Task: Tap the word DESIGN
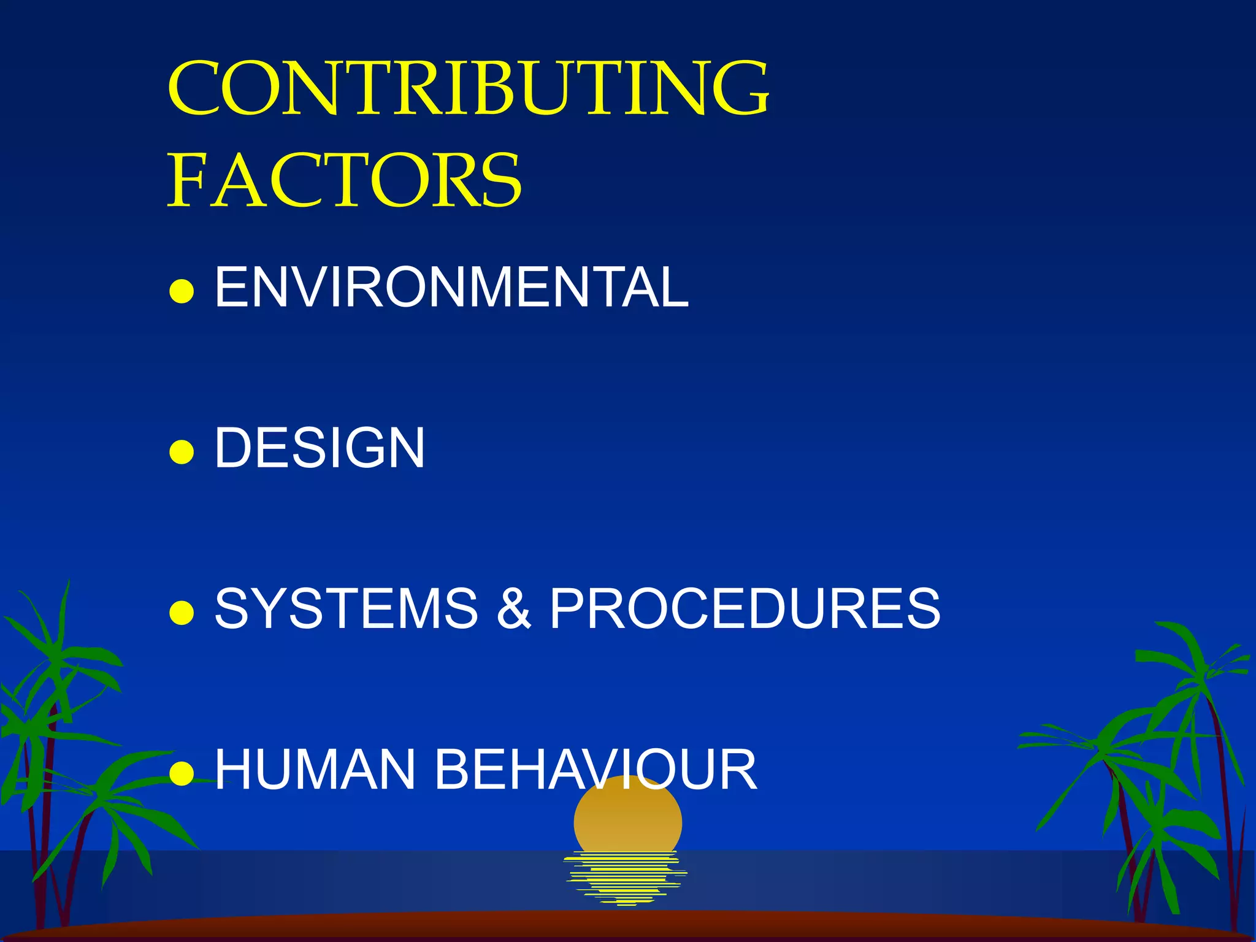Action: (319, 448)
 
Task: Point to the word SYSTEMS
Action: (346, 608)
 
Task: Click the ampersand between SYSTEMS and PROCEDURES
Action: (514, 608)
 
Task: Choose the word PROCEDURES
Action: (745, 608)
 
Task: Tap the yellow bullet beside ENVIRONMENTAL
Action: (182, 292)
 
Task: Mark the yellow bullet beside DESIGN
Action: (182, 453)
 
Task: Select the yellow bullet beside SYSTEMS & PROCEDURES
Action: (182, 613)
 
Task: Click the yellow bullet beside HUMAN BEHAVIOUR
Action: (182, 773)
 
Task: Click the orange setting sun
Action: (627, 819)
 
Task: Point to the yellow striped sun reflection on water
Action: (626, 878)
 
